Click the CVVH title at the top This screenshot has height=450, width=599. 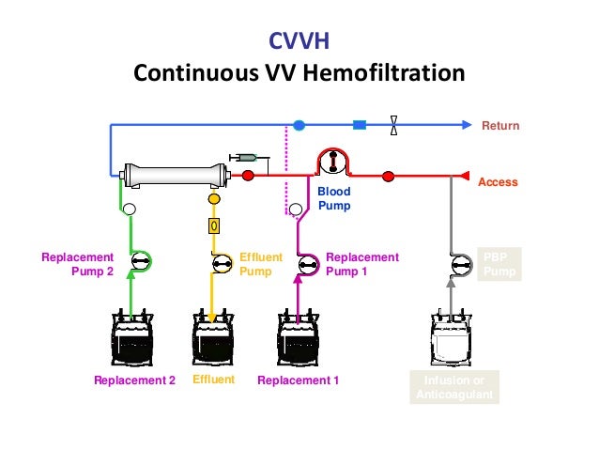click(299, 40)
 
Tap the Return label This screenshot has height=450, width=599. click(499, 126)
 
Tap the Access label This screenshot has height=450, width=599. click(498, 182)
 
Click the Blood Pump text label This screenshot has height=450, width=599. click(333, 198)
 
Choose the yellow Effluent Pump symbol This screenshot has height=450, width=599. click(222, 264)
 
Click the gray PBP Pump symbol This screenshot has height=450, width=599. click(460, 264)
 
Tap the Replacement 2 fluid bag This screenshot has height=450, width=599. click(132, 338)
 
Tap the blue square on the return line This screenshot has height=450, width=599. click(359, 125)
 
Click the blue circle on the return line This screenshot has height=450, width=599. click(299, 125)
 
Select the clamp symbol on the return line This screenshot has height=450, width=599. click(393, 125)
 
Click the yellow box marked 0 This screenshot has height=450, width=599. click(214, 226)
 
